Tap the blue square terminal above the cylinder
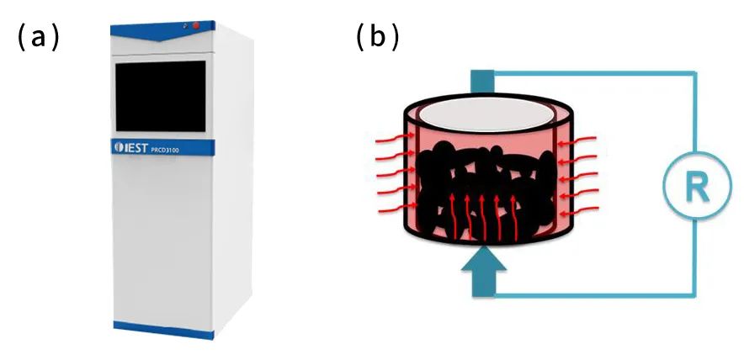point(481,80)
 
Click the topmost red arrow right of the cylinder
point(578,140)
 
